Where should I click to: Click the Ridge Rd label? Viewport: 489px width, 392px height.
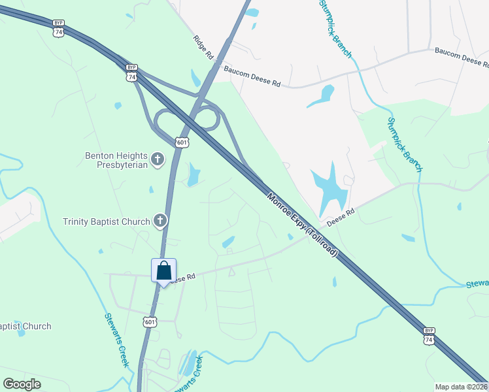coord(203,48)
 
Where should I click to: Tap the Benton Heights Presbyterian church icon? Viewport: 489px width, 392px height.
coord(158,159)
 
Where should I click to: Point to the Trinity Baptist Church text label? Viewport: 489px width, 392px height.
coord(107,221)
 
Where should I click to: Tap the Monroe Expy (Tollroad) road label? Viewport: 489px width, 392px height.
coord(301,223)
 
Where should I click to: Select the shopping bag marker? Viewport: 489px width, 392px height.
coord(163,270)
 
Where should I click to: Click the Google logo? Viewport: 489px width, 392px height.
coord(22,384)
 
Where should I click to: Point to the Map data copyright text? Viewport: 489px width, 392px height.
coord(461,387)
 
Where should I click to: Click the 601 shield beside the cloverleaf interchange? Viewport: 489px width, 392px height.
coord(182,142)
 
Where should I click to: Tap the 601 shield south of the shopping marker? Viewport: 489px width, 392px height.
coord(150,321)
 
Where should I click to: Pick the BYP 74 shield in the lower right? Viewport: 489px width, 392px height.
coord(429,336)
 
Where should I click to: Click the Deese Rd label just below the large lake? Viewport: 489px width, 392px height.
coord(340,216)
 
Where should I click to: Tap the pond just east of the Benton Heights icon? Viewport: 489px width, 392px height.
coord(193,174)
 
